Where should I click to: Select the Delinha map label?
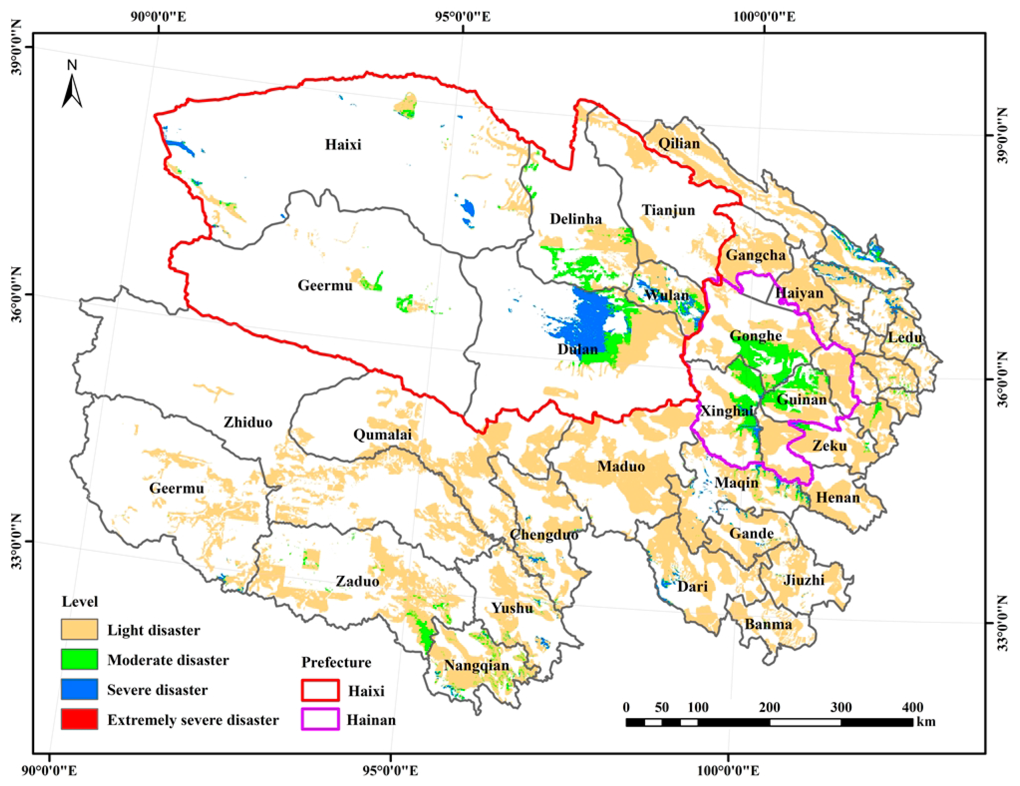575,219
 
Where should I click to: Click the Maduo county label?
621,466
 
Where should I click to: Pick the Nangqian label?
477,665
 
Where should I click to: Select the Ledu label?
905,337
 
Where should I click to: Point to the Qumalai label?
382,435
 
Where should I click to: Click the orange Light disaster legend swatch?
80,629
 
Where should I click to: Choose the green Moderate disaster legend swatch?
80,659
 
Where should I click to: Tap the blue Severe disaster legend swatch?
80,689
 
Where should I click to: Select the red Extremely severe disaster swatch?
80,719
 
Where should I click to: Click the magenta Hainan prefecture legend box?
320,719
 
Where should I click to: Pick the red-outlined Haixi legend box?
320,690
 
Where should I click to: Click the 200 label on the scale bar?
769,707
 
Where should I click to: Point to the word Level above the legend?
80,602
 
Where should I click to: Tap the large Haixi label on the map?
343,144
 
